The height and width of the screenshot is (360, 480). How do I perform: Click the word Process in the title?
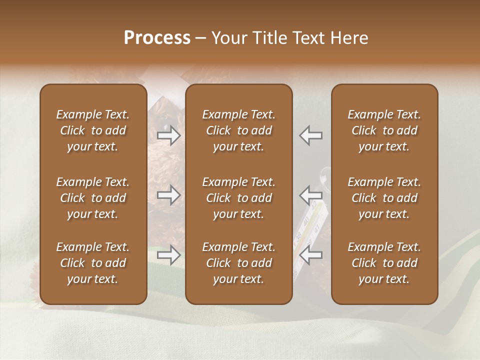(x=157, y=38)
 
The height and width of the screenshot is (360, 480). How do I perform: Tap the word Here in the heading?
(x=348, y=38)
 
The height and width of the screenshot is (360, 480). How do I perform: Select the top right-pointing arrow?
(x=169, y=135)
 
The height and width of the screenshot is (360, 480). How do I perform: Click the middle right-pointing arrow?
(x=169, y=195)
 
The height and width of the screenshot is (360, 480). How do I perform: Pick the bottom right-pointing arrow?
(x=169, y=255)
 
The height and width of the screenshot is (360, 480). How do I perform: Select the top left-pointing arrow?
(x=310, y=135)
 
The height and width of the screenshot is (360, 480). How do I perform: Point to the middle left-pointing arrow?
(x=310, y=195)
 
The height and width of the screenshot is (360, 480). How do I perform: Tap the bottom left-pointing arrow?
(x=310, y=255)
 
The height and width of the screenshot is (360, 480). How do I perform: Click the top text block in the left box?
(x=93, y=130)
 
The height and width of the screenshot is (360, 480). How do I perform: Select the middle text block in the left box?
(x=93, y=198)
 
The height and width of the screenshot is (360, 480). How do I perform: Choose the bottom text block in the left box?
(x=93, y=263)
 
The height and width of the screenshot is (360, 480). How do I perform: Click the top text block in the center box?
(x=239, y=130)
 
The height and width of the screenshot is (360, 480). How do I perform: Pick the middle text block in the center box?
(x=239, y=198)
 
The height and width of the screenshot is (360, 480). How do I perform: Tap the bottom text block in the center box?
(x=239, y=263)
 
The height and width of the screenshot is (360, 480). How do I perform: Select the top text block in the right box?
(x=384, y=130)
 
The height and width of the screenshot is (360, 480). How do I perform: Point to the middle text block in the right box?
(x=384, y=198)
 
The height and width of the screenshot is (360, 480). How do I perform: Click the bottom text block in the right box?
(x=384, y=263)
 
